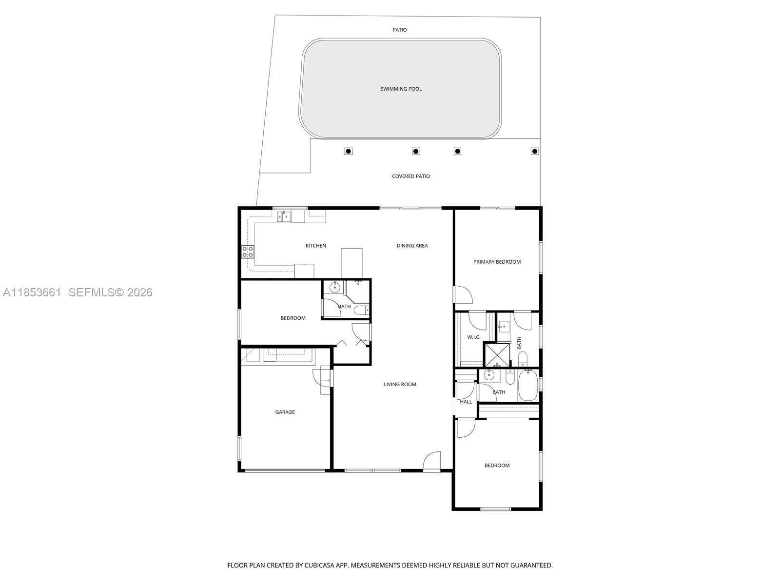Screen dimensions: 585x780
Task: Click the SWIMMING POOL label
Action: pyautogui.click(x=401, y=89)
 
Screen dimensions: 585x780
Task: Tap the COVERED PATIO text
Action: pyautogui.click(x=410, y=176)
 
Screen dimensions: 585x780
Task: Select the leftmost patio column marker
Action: pyautogui.click(x=348, y=151)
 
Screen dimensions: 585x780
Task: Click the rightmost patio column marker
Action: pyautogui.click(x=534, y=151)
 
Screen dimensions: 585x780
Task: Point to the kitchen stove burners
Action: pyautogui.click(x=248, y=252)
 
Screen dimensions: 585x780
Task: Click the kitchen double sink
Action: pyautogui.click(x=284, y=216)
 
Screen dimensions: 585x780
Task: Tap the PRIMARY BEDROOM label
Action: pyautogui.click(x=497, y=262)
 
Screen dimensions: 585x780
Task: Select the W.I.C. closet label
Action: pyautogui.click(x=473, y=337)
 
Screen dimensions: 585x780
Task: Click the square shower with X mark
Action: pyautogui.click(x=497, y=355)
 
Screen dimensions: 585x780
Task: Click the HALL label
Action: pyautogui.click(x=466, y=402)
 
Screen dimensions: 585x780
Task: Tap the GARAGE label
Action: pyautogui.click(x=285, y=412)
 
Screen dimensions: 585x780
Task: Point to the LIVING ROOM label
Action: pyautogui.click(x=400, y=384)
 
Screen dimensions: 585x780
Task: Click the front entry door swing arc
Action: pyautogui.click(x=432, y=461)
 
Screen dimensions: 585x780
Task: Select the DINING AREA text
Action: pyautogui.click(x=412, y=246)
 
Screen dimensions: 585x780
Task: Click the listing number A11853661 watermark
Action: pyautogui.click(x=32, y=292)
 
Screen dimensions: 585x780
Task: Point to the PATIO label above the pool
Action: pyautogui.click(x=400, y=30)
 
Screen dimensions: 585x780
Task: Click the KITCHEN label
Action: pyautogui.click(x=315, y=246)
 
